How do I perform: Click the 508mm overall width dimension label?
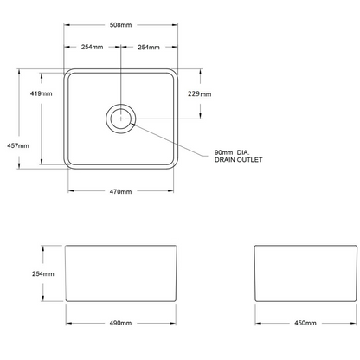pyautogui.click(x=120, y=25)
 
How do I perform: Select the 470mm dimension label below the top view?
pyautogui.click(x=120, y=191)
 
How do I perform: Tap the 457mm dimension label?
pyautogui.click(x=18, y=145)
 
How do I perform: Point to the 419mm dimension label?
pyautogui.click(x=42, y=93)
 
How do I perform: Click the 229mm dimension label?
pyautogui.click(x=200, y=93)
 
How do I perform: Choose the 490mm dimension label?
pyautogui.click(x=120, y=323)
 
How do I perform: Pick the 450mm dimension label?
pyautogui.click(x=305, y=323)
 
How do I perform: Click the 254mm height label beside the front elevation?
pyautogui.click(x=43, y=273)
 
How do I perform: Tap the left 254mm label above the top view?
pyautogui.click(x=92, y=47)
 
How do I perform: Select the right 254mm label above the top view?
pyautogui.click(x=149, y=47)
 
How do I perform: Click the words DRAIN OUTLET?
pyautogui.click(x=239, y=160)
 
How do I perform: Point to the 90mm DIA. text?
pyautogui.click(x=232, y=152)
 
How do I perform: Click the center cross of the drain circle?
pyautogui.click(x=121, y=119)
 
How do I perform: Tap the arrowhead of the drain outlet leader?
pyautogui.click(x=133, y=125)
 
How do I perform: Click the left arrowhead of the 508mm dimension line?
pyautogui.click(x=67, y=25)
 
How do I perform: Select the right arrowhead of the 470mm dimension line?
pyautogui.click(x=170, y=190)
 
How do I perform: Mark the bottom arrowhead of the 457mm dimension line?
pyautogui.click(x=19, y=165)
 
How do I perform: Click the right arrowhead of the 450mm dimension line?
pyautogui.click(x=353, y=323)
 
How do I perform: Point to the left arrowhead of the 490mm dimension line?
pyautogui.click(x=69, y=323)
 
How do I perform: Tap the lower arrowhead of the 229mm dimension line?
pyautogui.click(x=201, y=115)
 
